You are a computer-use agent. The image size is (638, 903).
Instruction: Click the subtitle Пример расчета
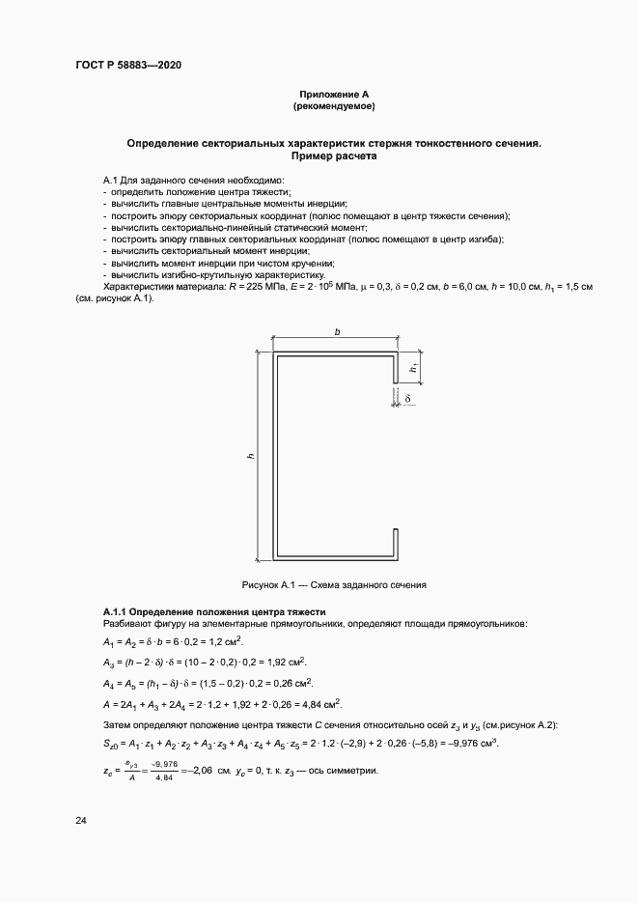[x=333, y=155]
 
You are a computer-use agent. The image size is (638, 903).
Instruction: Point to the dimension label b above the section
[x=337, y=332]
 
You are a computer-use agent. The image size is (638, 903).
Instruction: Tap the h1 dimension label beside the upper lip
[x=413, y=368]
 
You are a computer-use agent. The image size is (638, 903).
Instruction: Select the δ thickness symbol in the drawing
[x=409, y=397]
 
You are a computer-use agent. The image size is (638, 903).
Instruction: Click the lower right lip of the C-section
[x=396, y=541]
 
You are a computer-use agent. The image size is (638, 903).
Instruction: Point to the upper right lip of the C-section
[x=396, y=369]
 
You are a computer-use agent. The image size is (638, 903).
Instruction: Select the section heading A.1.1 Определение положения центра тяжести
[x=214, y=612]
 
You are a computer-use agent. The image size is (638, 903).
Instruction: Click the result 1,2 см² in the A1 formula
[x=225, y=641]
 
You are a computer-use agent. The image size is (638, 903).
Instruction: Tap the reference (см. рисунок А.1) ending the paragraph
[x=114, y=298]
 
